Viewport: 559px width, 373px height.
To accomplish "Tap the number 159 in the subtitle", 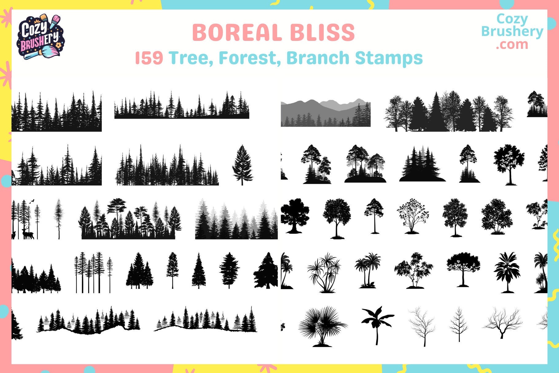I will (149, 58).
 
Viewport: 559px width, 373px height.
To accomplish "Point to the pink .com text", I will (512, 45).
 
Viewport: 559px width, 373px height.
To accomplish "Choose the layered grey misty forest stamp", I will (236, 220).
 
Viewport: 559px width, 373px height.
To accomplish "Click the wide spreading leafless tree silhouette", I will (502, 323).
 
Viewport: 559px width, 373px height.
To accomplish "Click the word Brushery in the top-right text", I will (512, 31).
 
